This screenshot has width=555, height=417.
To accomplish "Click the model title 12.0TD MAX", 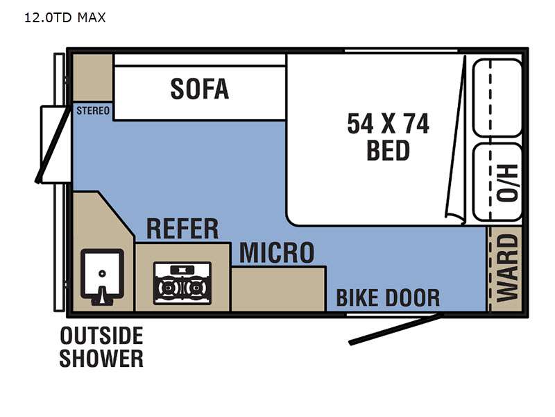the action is (65, 17).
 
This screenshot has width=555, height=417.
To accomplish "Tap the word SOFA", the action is (200, 89).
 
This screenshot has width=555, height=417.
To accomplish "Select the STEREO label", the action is (93, 111).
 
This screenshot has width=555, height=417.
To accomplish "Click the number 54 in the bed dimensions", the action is (360, 124).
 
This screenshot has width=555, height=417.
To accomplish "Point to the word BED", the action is (388, 151).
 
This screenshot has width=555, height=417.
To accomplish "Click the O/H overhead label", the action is (507, 183).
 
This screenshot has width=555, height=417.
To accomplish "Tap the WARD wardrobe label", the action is (507, 268).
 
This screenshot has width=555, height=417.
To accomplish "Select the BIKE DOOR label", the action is (388, 298).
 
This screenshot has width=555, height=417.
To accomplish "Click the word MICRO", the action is (277, 253).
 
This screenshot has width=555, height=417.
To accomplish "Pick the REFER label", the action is (182, 229).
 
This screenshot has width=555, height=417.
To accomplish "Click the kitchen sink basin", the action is (102, 274).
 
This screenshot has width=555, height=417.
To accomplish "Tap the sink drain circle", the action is (102, 274).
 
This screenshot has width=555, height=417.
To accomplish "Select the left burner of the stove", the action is (166, 288).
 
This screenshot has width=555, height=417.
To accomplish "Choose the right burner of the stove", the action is (194, 288).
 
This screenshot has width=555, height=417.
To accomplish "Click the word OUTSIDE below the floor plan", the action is (101, 336).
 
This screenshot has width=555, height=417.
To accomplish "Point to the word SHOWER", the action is (101, 359).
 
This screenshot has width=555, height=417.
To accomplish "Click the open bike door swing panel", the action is (395, 329).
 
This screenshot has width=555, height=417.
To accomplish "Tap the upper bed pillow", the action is (497, 98).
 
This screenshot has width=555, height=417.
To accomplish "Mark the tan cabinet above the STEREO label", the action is (93, 78).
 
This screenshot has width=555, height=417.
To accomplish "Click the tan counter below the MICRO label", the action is (278, 289).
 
